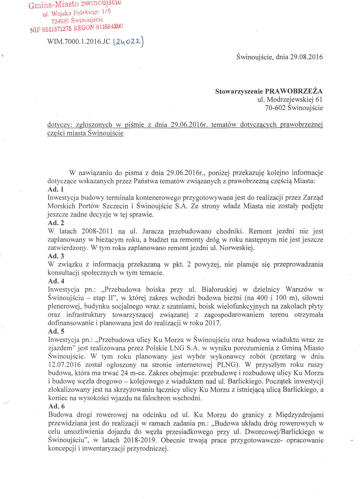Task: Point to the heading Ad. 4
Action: [x=56, y=281]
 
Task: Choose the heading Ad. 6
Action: [x=56, y=406]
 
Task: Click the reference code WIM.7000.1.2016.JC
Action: [x=79, y=42]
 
